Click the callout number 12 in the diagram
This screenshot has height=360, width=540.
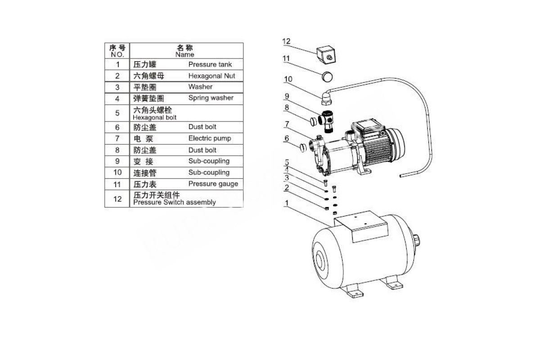point(286,41)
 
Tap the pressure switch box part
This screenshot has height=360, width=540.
point(326,54)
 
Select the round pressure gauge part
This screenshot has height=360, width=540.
point(328,76)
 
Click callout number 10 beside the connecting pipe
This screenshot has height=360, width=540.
point(288,79)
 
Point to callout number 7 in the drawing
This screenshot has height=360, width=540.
point(287,124)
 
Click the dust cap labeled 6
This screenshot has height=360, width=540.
point(303,147)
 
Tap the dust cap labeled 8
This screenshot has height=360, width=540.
point(313,121)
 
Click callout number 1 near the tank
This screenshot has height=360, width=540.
point(287,203)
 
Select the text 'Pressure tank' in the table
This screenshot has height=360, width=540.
point(210,64)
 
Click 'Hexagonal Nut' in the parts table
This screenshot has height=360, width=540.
point(211,76)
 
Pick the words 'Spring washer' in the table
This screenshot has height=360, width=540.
point(211,98)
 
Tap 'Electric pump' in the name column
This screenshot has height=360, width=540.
point(210,138)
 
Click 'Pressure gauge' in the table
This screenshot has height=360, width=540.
point(213,184)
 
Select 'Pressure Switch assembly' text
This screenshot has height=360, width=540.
point(174,202)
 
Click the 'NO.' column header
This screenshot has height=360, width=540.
point(117,54)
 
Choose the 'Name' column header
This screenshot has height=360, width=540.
point(184,54)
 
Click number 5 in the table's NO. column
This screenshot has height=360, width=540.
point(117,113)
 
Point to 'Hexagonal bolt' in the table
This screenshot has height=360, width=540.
point(154,117)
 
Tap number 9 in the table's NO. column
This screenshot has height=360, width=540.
point(117,161)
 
